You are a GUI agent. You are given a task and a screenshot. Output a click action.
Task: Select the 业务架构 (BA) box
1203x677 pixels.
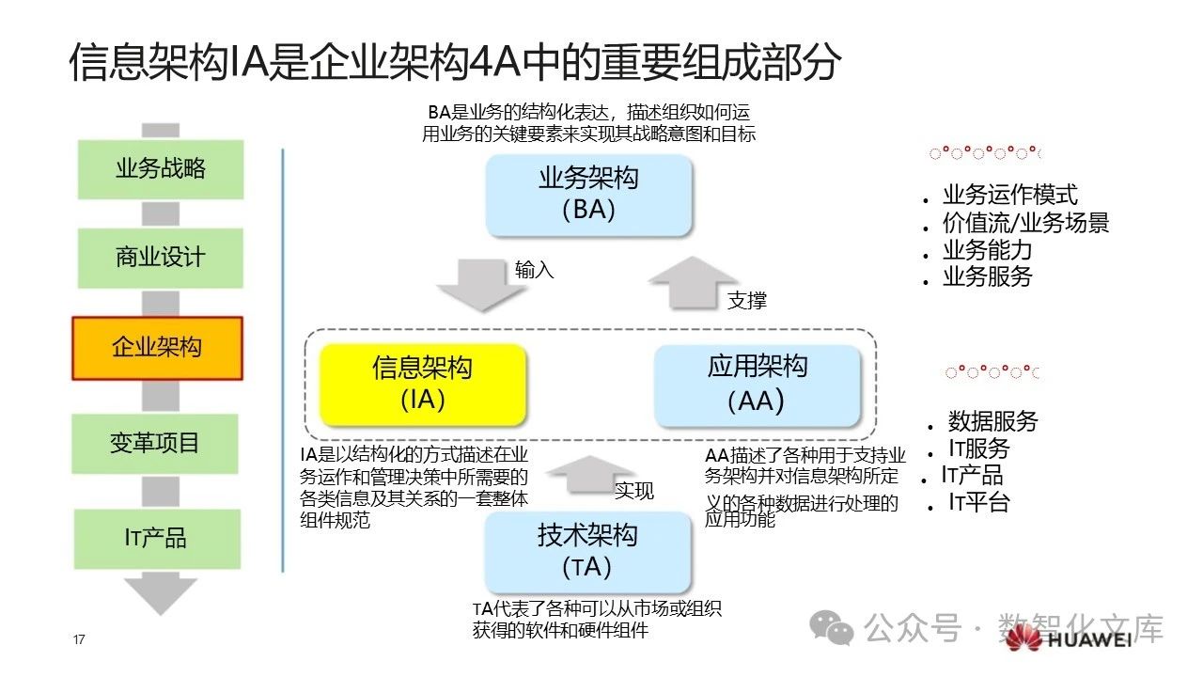point(589,195)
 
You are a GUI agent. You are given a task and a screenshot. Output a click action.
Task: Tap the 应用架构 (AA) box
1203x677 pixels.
point(757,385)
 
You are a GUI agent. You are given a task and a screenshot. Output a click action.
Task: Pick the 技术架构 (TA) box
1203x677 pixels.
point(587,552)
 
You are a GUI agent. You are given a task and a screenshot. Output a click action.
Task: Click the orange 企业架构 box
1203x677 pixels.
point(157,347)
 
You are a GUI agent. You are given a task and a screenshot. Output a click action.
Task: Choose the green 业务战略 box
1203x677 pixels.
point(161,169)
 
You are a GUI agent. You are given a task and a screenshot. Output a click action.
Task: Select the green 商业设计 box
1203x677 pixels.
point(161,258)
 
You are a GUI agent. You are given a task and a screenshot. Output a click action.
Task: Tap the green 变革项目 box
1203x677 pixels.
point(156,443)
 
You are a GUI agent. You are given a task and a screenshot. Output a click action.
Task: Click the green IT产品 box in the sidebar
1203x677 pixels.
point(156,538)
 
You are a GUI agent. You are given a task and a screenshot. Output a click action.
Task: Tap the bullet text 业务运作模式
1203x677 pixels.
point(1009,196)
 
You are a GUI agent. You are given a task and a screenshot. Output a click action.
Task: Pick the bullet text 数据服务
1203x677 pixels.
point(992,421)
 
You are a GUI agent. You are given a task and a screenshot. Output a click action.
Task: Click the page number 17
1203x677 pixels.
point(79,640)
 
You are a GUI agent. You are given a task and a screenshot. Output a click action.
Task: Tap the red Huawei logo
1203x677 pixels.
point(1024,638)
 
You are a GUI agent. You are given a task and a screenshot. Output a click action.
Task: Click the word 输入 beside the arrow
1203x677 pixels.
point(535,270)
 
